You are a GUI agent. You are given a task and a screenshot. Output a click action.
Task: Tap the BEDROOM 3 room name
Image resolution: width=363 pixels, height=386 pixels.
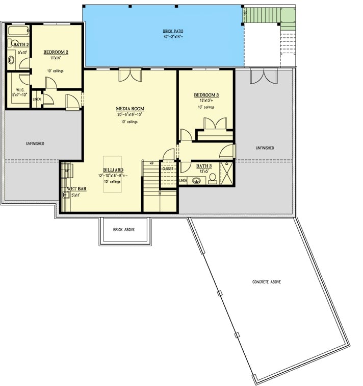(x=206, y=95)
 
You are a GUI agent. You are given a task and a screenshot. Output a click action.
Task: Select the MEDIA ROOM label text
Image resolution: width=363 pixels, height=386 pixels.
(x=131, y=108)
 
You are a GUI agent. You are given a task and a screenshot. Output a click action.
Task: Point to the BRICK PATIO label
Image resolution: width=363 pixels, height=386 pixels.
(x=173, y=31)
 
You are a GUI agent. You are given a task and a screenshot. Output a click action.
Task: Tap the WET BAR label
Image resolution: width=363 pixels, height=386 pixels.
(x=76, y=188)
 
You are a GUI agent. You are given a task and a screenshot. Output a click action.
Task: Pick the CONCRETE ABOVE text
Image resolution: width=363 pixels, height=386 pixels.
(x=266, y=282)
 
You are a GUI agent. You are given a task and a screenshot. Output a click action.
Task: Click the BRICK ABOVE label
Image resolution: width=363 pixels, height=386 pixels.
(x=124, y=230)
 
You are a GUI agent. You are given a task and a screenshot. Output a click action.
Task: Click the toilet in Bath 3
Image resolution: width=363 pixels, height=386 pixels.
(x=213, y=177)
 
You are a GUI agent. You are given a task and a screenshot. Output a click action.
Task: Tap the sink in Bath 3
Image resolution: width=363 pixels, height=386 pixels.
(x=196, y=180)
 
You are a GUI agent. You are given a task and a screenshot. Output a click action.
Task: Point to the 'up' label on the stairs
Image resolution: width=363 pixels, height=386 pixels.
(x=151, y=163)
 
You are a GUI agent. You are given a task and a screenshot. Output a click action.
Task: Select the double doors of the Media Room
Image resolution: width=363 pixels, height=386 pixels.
(x=127, y=76)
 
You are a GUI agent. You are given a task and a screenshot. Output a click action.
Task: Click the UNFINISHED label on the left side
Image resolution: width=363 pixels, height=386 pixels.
(x=35, y=143)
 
